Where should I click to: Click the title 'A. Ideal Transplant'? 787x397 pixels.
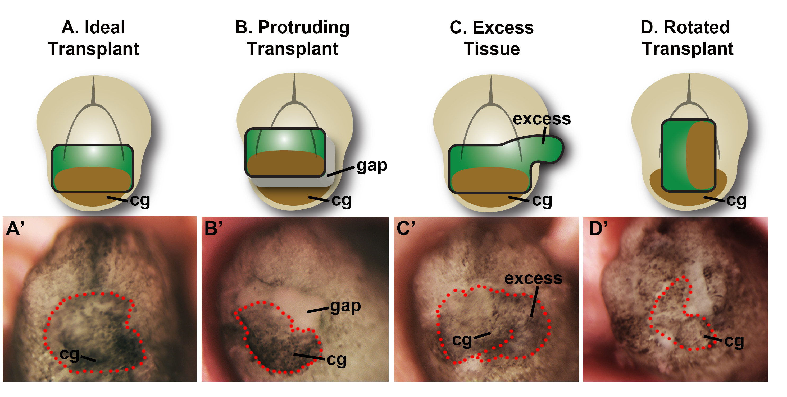(93, 38)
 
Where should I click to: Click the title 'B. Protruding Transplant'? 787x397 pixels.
(292, 38)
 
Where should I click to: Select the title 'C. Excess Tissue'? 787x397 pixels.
(492, 38)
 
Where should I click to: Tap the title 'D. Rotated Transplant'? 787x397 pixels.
(687, 38)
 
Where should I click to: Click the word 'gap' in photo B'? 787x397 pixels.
(345, 306)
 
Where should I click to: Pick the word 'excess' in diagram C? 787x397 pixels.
(542, 119)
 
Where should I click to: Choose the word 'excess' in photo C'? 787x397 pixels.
(533, 278)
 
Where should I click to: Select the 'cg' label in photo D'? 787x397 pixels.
(734, 342)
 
